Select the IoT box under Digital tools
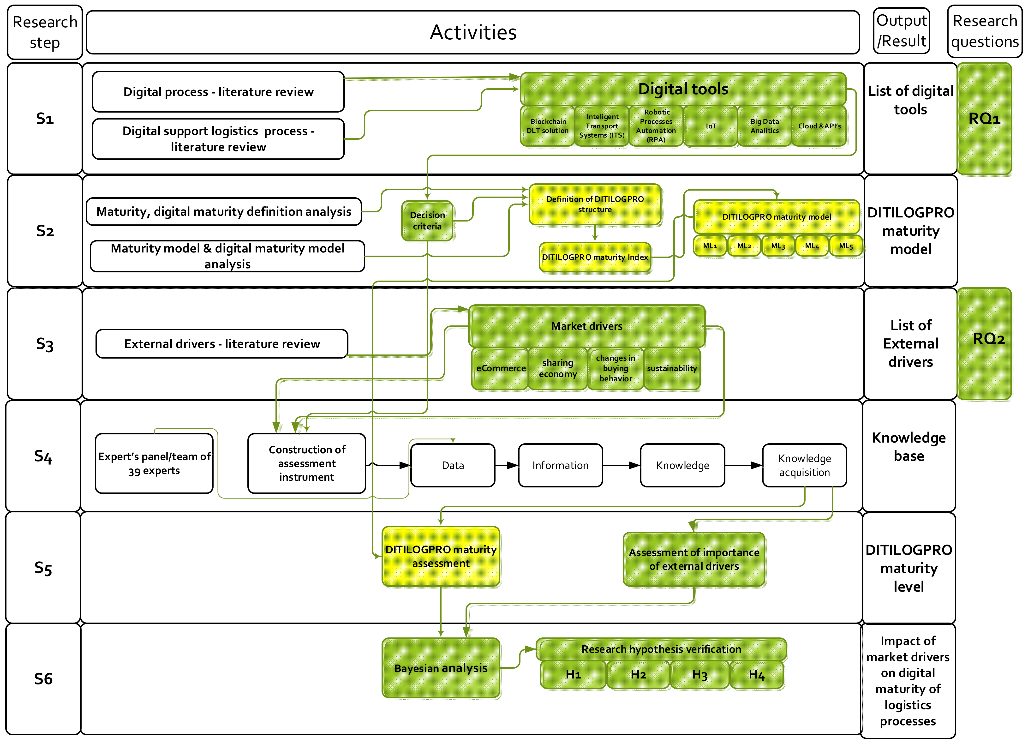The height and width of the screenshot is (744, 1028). [710, 126]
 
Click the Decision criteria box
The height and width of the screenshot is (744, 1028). [427, 221]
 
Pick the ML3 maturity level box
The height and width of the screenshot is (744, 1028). [778, 246]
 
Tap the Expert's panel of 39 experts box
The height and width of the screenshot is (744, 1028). [154, 463]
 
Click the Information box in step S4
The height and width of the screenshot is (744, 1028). [560, 466]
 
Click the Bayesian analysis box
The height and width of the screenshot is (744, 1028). [441, 668]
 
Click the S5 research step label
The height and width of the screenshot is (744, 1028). [43, 568]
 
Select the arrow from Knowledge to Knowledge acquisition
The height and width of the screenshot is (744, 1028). [743, 466]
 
